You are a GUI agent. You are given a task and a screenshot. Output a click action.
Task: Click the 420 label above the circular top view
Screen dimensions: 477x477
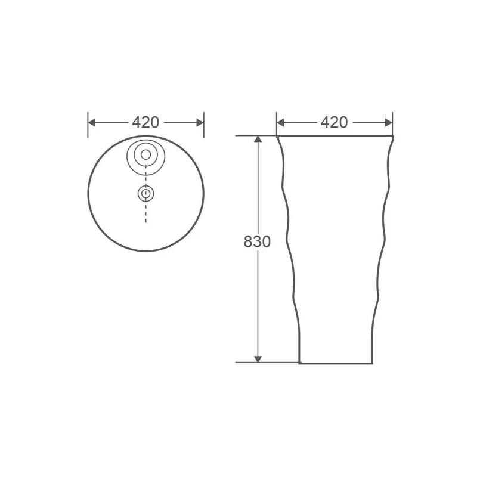pos(145,122)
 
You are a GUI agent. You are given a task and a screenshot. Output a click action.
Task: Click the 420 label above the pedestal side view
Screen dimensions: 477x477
pos(334,122)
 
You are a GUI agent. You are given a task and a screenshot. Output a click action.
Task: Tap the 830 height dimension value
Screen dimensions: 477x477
pos(257,241)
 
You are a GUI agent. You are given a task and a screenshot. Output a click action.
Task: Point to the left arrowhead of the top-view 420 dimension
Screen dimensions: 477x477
pos(92,122)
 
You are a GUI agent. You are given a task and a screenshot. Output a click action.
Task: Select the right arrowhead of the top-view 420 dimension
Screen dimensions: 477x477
pos(200,122)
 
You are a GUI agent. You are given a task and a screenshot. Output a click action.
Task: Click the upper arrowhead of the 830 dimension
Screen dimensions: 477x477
pos(258,140)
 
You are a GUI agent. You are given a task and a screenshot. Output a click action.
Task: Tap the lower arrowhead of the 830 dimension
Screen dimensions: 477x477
pos(258,358)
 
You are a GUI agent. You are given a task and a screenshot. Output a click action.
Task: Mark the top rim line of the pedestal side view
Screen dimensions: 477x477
pos(334,137)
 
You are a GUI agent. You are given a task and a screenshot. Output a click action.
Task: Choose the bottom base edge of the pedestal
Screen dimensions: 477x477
pos(334,363)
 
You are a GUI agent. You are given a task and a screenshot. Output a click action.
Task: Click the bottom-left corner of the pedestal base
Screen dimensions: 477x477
pos(299,362)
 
